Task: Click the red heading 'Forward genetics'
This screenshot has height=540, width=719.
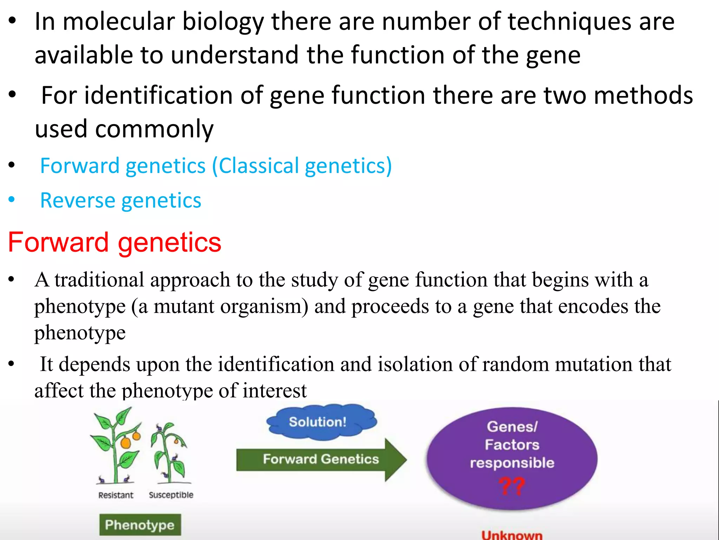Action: (x=114, y=243)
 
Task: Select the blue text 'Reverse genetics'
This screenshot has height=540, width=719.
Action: (x=120, y=200)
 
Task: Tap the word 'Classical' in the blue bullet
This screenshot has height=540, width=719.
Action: (x=259, y=166)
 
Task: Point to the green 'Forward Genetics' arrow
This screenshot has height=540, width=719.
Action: (x=321, y=459)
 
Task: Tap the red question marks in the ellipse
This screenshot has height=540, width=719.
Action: (x=512, y=487)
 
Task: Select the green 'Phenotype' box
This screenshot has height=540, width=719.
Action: (x=140, y=525)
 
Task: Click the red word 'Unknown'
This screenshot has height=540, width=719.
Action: (x=512, y=535)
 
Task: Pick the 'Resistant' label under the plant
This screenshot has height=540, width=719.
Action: (x=116, y=495)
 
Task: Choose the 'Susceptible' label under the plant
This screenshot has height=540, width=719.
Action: (x=171, y=495)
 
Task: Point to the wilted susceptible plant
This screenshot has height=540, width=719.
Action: (x=170, y=454)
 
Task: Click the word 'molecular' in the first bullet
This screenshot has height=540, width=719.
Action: (x=119, y=22)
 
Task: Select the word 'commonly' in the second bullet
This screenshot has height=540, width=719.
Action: (x=154, y=129)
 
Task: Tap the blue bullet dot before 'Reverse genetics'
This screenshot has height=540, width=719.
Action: (x=12, y=200)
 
